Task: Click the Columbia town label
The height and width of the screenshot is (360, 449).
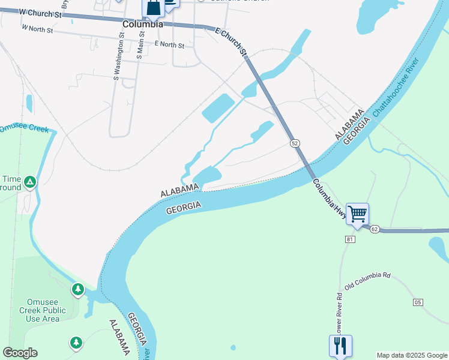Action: [x=142, y=25]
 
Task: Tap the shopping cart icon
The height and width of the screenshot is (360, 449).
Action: [x=357, y=214]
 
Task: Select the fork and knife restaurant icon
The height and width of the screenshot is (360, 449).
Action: [x=340, y=345]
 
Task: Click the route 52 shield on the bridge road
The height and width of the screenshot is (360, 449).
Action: [x=294, y=143]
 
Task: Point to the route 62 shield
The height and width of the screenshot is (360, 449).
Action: [x=375, y=229]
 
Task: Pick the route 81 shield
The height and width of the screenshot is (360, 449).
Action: [x=351, y=239]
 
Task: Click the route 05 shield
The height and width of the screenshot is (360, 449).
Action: [x=418, y=302]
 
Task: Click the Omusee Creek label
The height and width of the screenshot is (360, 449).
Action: [x=24, y=128]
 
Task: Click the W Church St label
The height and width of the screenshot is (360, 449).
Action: [x=41, y=12]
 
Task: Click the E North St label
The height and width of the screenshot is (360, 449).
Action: [x=169, y=44]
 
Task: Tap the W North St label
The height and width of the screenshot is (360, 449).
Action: [x=37, y=28]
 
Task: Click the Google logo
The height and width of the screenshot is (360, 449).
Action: [x=20, y=353]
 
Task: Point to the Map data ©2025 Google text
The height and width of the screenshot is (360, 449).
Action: [x=412, y=355]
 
